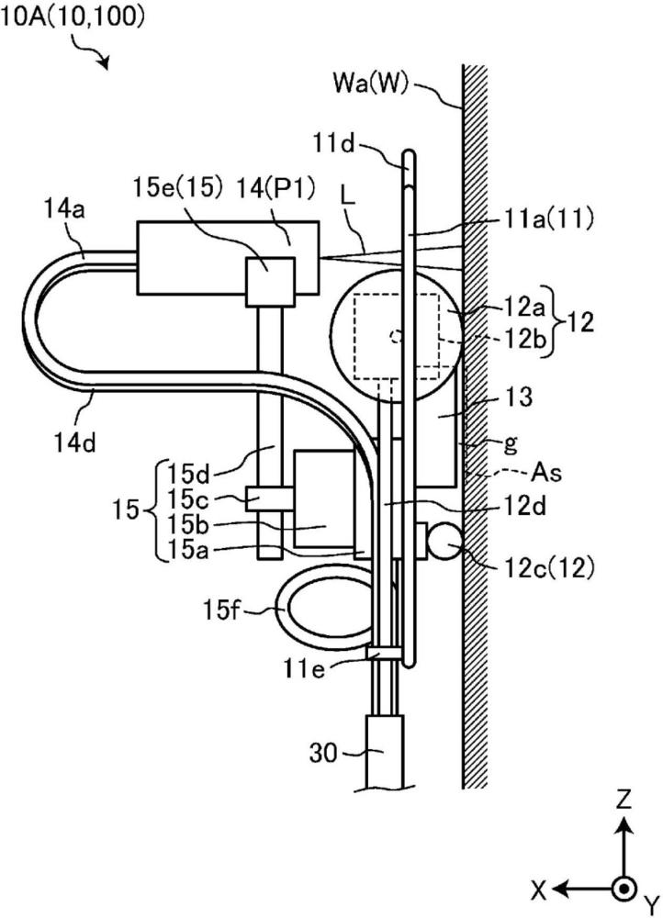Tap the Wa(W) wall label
370,84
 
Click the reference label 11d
333,143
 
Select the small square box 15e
269,282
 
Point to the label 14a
64,209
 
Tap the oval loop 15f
323,609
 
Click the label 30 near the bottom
323,753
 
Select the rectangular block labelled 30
384,752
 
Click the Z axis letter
625,798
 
